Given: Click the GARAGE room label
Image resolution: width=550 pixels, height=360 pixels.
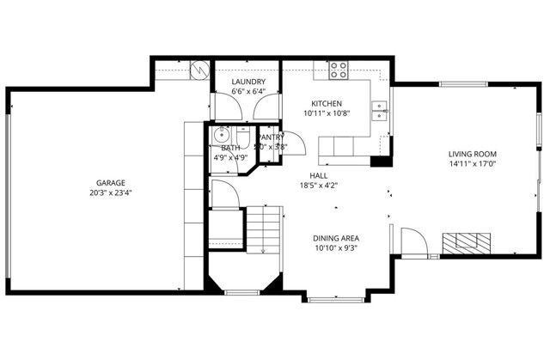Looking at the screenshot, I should [110, 182].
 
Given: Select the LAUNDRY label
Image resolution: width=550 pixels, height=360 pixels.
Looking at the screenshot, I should [247, 82].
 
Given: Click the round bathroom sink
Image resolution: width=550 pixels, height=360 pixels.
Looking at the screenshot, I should [221, 133].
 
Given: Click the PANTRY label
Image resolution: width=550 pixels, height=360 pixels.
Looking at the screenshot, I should [272, 137].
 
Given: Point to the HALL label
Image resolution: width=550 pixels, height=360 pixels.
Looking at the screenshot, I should [318, 174].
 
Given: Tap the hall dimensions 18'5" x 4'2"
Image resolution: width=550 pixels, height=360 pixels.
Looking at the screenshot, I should [318, 185].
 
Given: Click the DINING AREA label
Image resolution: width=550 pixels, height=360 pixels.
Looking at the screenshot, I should [335, 238].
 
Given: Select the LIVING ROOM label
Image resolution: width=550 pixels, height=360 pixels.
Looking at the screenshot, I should [472, 155].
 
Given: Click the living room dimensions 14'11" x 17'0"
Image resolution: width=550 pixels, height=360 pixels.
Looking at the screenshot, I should [472, 166].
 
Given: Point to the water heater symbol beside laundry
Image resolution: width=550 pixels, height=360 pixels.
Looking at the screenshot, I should [200, 70].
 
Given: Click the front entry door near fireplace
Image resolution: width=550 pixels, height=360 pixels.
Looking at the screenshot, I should [413, 242].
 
